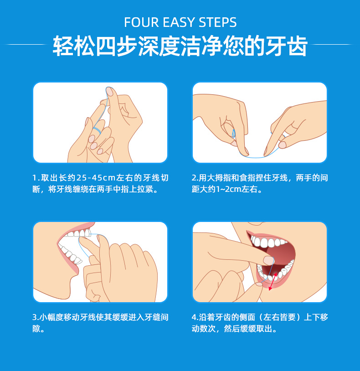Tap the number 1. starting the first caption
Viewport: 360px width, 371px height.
pyautogui.click(x=36, y=178)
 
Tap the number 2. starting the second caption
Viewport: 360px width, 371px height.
pyautogui.click(x=195, y=178)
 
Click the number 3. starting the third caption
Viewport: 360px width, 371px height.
pyautogui.click(x=36, y=317)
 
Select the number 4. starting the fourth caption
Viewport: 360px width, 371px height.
pyautogui.click(x=195, y=317)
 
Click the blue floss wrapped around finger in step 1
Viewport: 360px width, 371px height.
pyautogui.click(x=97, y=130)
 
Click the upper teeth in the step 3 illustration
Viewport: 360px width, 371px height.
pyautogui.click(x=77, y=234)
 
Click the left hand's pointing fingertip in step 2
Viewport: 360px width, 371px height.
pyautogui.click(x=245, y=151)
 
